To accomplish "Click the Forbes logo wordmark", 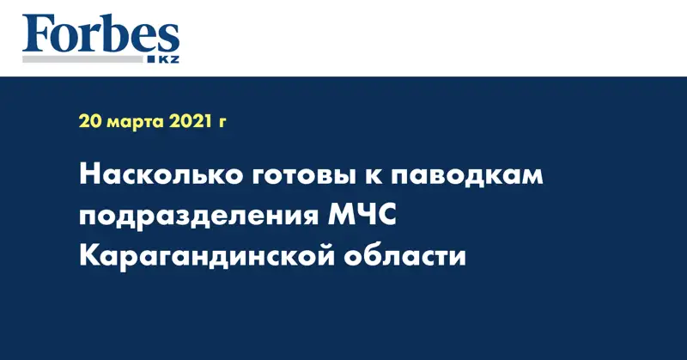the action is coord(100,34).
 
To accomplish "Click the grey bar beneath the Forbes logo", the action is coord(82,58).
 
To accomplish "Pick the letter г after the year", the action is coord(222,124).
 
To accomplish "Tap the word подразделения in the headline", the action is coord(199,217).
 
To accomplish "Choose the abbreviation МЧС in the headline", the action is coord(362,216).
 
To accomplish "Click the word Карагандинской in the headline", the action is coord(206,256).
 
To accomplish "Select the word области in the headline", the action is coord(404,255).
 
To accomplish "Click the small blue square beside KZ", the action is coord(151,59).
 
